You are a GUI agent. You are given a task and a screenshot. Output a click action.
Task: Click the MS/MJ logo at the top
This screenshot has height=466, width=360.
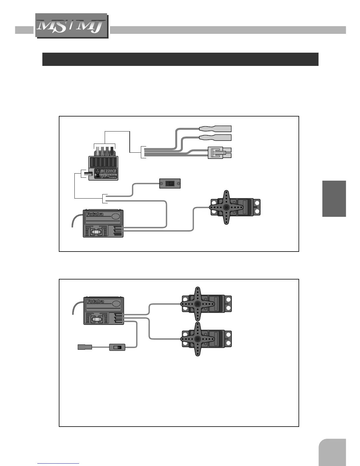coord(71,26)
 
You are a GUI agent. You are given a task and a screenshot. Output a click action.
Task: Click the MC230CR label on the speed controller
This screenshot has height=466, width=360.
coord(109,171)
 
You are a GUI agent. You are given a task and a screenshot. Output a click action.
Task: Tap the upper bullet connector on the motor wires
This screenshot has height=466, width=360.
coord(215,129)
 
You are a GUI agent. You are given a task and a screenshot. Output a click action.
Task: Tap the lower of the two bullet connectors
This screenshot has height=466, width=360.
coord(215,137)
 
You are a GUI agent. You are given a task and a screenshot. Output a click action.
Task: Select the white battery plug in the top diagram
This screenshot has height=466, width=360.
coord(219,153)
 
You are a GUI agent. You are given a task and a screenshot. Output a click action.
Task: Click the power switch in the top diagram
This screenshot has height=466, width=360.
coord(170,184)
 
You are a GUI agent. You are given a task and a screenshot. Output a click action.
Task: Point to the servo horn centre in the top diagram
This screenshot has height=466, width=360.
coord(226,207)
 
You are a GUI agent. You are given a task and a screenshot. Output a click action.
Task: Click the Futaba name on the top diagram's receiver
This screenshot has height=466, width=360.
coord(95,214)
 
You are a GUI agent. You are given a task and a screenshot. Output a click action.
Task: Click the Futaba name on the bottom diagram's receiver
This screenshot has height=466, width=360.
coord(95,302)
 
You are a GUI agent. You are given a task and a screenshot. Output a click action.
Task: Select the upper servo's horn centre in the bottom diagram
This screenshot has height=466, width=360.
coord(198,304)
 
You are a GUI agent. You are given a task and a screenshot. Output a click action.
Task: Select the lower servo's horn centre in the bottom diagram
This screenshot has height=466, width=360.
coord(198,339)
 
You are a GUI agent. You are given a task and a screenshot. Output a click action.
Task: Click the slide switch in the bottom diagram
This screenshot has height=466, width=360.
coord(117,347)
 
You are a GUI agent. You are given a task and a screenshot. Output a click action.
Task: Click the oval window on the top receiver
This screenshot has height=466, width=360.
coord(116,216)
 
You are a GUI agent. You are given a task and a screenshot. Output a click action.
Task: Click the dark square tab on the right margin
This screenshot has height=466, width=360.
coord(334,199)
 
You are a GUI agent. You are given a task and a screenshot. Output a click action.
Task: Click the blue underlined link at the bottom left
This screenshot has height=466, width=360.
coord(58,463)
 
